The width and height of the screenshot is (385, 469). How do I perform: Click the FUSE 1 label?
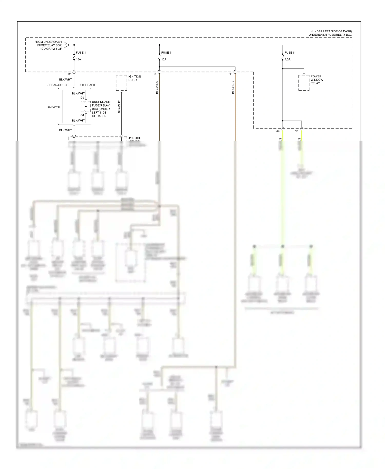[x=81, y=53]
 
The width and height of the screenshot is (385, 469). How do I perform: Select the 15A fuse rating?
[x=78, y=59]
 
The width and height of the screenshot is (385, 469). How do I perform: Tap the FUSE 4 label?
[x=166, y=53]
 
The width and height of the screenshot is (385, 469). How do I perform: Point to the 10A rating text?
[x=164, y=59]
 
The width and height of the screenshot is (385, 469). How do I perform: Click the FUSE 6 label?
[x=289, y=53]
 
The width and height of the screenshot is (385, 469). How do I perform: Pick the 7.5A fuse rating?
[x=287, y=59]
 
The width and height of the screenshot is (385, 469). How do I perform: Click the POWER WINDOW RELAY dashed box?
[x=304, y=83]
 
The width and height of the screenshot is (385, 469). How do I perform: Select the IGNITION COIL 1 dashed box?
[x=121, y=83]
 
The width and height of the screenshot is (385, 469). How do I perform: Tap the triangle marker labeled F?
[x=66, y=45]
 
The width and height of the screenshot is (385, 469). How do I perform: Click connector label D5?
[x=70, y=74]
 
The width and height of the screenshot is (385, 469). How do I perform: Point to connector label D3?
[x=154, y=74]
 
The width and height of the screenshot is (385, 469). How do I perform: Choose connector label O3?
[x=230, y=74]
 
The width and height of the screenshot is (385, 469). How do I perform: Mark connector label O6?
[x=277, y=131]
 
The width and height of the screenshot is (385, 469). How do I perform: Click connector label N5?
[x=296, y=131]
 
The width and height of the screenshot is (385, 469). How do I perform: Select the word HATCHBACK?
[x=86, y=85]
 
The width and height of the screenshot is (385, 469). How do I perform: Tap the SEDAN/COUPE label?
[x=58, y=85]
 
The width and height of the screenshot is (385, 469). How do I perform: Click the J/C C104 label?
[x=134, y=138]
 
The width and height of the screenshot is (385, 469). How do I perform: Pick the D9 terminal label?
[x=82, y=98]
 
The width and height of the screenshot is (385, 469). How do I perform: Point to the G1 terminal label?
[x=82, y=115]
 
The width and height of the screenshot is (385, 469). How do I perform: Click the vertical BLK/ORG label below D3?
[x=157, y=88]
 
